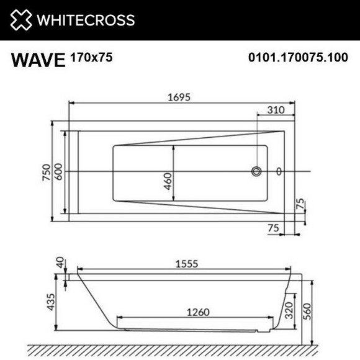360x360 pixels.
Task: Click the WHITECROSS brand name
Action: pos(85,20)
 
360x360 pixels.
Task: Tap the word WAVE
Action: pos(38,60)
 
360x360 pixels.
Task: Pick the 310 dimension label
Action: pos(276,110)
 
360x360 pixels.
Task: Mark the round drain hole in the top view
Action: pos(256,171)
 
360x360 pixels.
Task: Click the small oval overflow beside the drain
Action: pos(279,171)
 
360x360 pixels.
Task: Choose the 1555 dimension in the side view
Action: pos(185,264)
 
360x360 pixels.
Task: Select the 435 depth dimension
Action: pos(53,302)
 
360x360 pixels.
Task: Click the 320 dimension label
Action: pos(288,308)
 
